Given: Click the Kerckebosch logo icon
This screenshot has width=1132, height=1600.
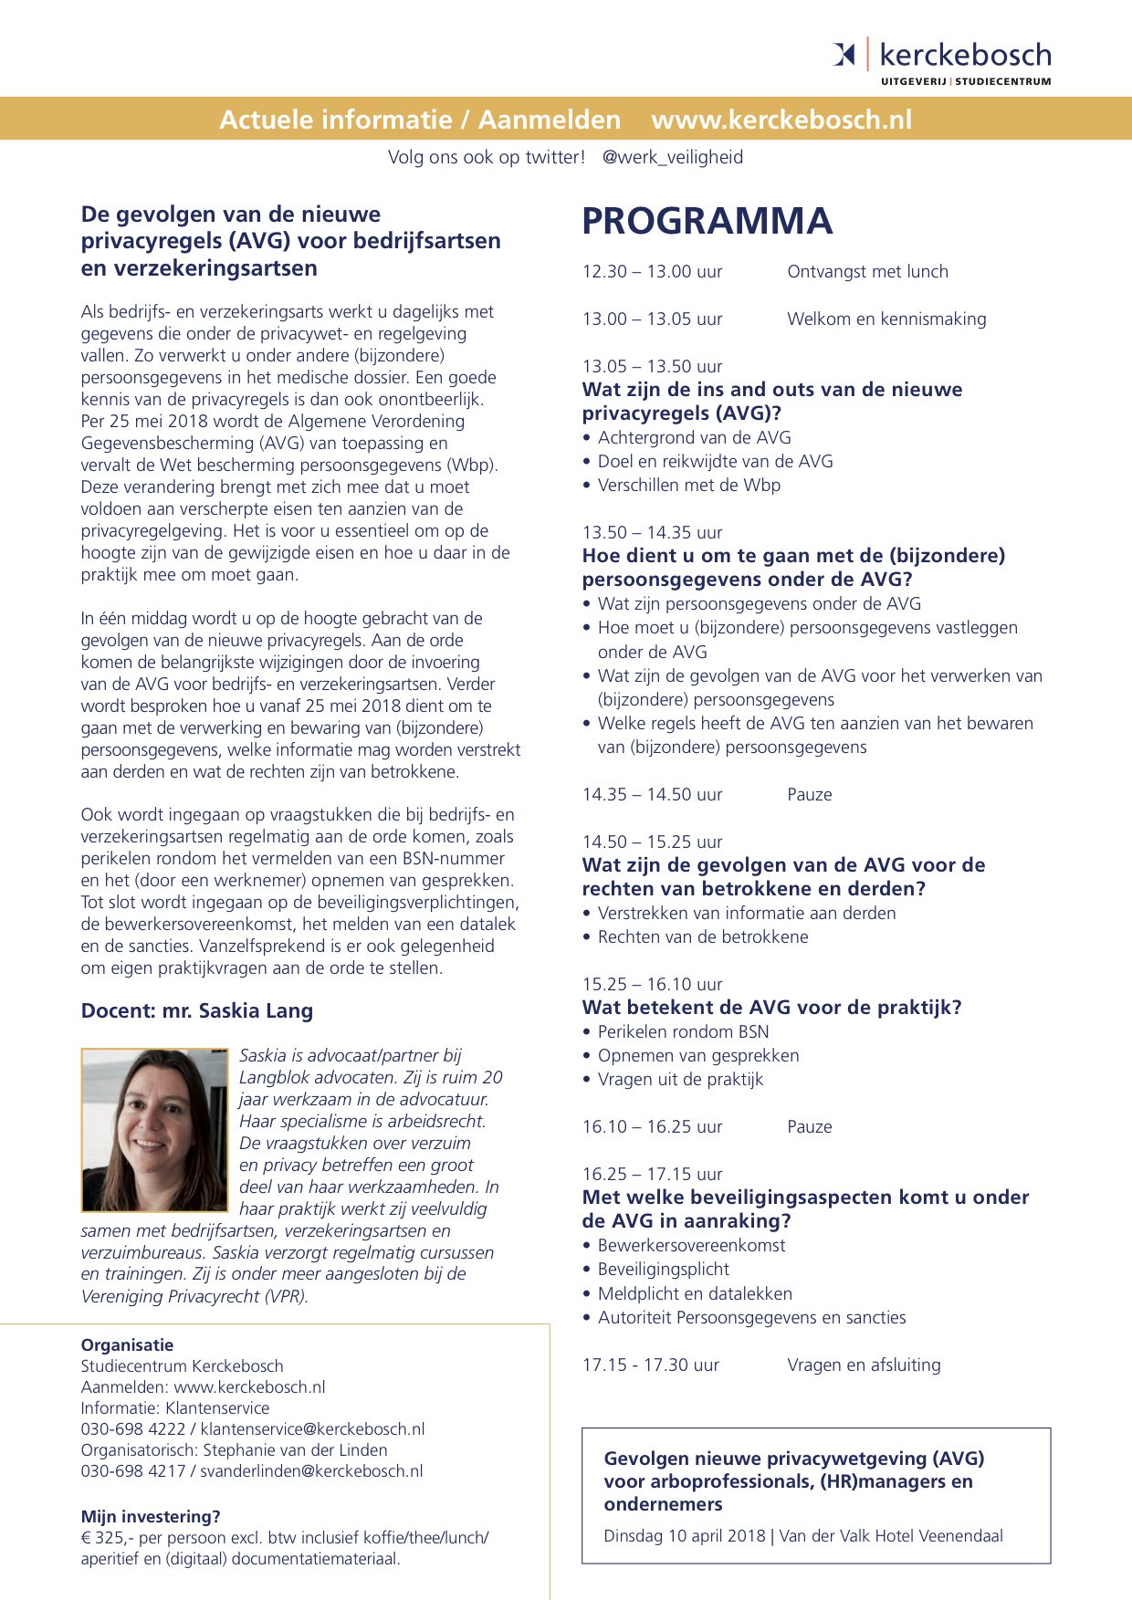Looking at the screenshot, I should coord(844,55).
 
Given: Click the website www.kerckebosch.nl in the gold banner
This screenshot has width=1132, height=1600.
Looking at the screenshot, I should coord(781,120).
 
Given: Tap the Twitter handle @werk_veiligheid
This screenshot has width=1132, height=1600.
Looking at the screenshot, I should coord(672,157).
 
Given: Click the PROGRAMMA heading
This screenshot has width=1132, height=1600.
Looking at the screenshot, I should coord(707,222).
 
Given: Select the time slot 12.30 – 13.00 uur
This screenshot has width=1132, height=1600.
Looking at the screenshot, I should coord(652,272).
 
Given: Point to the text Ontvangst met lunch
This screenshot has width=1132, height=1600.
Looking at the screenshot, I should coord(867,272).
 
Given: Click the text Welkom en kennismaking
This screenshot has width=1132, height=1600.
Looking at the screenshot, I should coord(886,319).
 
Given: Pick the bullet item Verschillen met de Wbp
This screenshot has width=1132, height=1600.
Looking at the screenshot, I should coord(688,486).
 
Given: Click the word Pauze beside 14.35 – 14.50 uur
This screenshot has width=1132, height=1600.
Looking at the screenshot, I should coord(810,795).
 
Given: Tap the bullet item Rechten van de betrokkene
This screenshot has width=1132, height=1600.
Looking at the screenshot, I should coord(702,937).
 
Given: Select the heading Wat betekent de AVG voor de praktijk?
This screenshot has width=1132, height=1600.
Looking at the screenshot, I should coord(771,1008).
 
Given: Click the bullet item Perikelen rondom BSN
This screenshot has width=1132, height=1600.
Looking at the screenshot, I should coord(683,1032).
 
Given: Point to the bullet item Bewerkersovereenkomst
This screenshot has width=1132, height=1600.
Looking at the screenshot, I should coord(691,1246).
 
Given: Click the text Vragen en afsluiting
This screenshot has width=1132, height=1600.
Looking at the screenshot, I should coord(864,1365).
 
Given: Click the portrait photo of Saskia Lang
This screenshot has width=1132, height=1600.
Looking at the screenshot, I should coord(153,1129).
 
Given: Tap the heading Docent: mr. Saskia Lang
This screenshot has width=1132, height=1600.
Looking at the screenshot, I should coord(196,1011).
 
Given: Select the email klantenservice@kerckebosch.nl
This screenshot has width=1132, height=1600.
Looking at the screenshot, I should coord(312,1429).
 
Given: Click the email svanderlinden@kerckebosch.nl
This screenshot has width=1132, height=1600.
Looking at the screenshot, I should coord(311,1471).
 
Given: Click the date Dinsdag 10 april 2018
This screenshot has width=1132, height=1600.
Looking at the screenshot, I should coord(684,1536).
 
